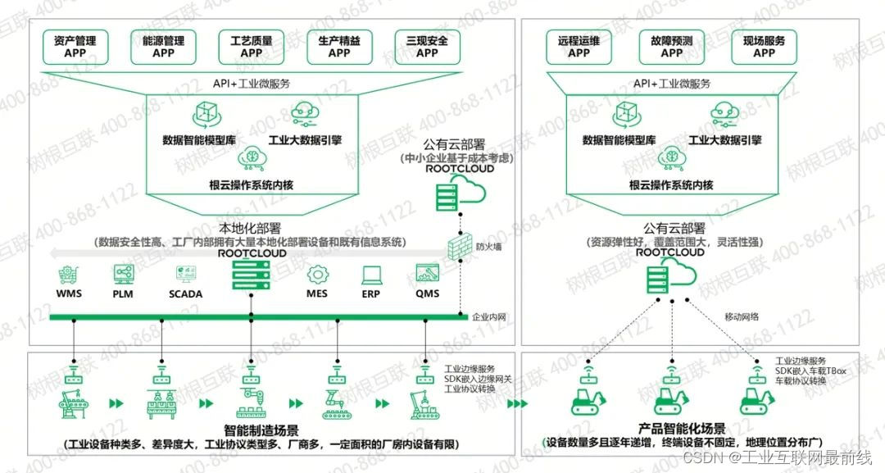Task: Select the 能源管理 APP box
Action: point(164,47)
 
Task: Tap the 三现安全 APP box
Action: point(427,47)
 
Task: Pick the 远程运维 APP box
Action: point(579,47)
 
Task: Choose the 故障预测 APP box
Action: point(671,47)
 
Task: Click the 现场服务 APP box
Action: point(764,47)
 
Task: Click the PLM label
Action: point(123,293)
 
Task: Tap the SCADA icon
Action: point(185,274)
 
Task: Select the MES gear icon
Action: point(317,274)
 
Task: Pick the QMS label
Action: point(427,293)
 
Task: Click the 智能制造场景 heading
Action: point(261,430)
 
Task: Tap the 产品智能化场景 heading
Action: point(682,429)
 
